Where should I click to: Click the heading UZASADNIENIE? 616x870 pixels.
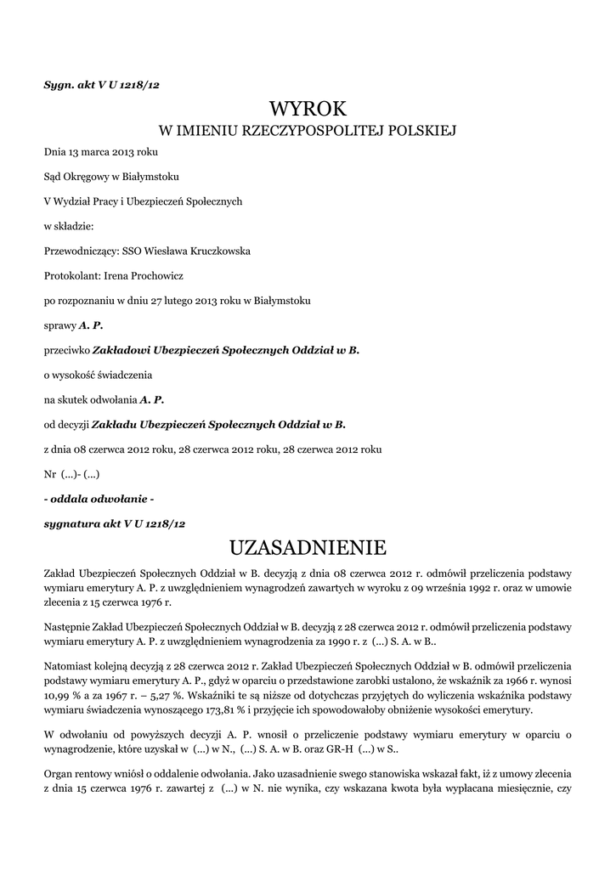point(308,545)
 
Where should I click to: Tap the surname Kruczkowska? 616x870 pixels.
point(212,251)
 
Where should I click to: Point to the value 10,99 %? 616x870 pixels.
point(64,694)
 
